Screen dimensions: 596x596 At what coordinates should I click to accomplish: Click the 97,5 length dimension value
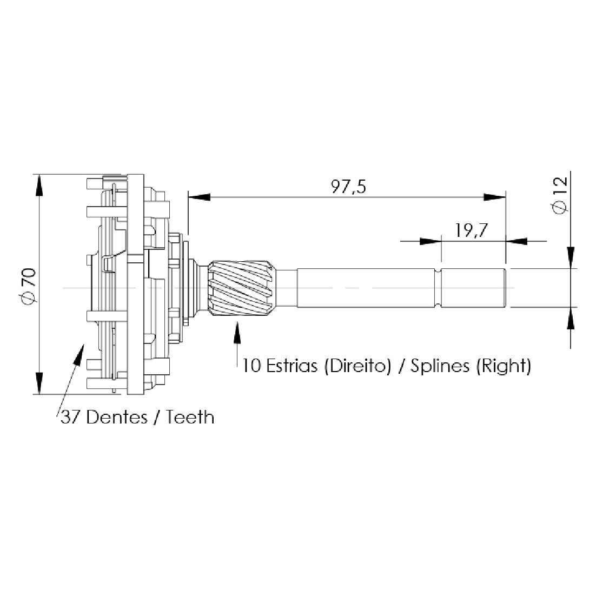point(348,187)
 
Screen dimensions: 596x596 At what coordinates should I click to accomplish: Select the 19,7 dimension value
point(471,230)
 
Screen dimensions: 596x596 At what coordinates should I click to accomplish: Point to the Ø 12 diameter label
point(561,195)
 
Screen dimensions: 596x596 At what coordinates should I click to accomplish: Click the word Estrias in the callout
point(292,366)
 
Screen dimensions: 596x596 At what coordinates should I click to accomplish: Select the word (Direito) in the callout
point(357,366)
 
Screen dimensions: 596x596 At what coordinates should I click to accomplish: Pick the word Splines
point(440,366)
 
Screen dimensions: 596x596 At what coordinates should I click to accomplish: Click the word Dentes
point(117,418)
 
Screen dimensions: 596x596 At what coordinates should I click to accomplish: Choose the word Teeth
point(190,418)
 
